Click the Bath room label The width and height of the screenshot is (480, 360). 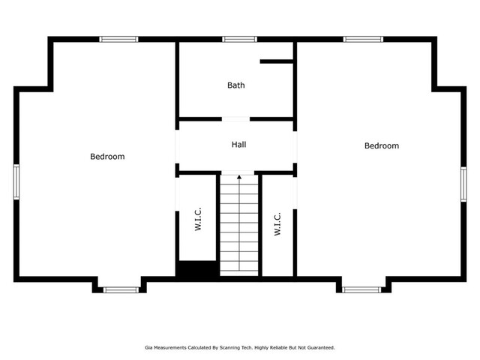[236, 85]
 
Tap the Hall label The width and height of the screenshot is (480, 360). [238, 145]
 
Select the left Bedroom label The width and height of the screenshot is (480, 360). [107, 157]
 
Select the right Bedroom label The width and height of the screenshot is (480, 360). [382, 145]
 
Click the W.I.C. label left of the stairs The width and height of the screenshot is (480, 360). [198, 219]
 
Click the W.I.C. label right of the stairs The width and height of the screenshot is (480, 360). [277, 224]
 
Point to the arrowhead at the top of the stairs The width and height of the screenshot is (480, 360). [239, 177]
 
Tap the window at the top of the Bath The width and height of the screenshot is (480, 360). [239, 39]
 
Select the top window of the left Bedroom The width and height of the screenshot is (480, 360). [118, 39]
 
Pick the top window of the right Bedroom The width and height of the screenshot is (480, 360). [363, 39]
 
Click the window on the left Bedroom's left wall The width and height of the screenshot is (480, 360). [16, 181]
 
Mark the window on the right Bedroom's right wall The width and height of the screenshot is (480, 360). [463, 184]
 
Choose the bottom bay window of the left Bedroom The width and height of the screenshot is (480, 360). [121, 290]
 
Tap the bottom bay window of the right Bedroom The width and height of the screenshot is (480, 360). [361, 290]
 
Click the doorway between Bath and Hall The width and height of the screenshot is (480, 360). [235, 119]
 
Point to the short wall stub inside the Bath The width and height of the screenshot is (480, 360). [277, 61]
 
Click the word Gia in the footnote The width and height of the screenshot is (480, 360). [148, 348]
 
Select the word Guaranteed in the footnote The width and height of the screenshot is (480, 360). [321, 348]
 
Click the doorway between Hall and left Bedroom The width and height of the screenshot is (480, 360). [177, 147]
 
